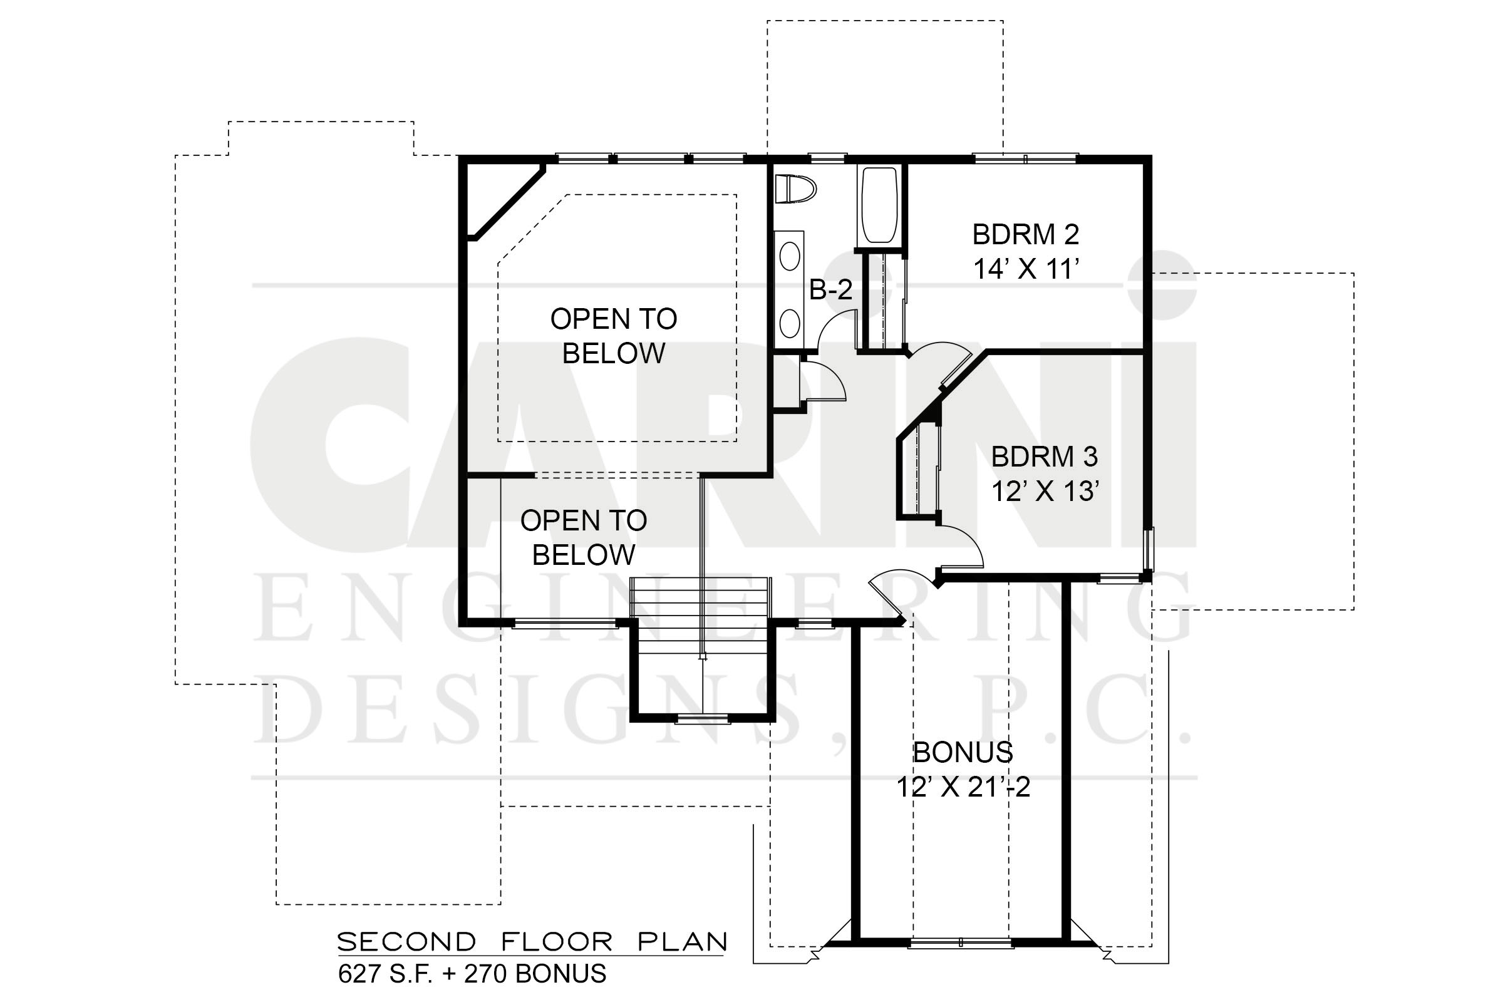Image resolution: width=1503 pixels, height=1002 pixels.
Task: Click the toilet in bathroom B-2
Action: click(795, 189)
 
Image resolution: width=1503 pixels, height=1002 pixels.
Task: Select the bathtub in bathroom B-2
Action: click(879, 206)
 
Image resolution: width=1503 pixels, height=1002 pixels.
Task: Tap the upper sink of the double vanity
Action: click(790, 257)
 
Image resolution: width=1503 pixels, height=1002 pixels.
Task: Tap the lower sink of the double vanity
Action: click(790, 323)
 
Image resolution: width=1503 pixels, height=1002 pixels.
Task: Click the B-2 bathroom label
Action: click(831, 289)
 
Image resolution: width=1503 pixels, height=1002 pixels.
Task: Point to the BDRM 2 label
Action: click(1026, 234)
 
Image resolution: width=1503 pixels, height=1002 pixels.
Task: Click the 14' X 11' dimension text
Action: click(1026, 269)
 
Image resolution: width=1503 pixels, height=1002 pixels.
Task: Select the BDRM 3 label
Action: click(1044, 457)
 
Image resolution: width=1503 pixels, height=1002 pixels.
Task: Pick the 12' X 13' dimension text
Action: click(1045, 492)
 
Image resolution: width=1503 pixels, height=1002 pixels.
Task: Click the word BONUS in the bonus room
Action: click(963, 753)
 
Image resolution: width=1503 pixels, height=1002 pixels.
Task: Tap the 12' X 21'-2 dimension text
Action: click(963, 787)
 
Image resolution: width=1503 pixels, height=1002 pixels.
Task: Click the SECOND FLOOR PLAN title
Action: click(532, 942)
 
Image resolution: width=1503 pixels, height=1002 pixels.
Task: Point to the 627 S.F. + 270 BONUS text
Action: click(472, 974)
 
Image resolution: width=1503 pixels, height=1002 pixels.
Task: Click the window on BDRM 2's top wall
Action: click(1025, 158)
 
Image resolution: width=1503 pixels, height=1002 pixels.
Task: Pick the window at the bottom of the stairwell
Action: click(703, 720)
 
